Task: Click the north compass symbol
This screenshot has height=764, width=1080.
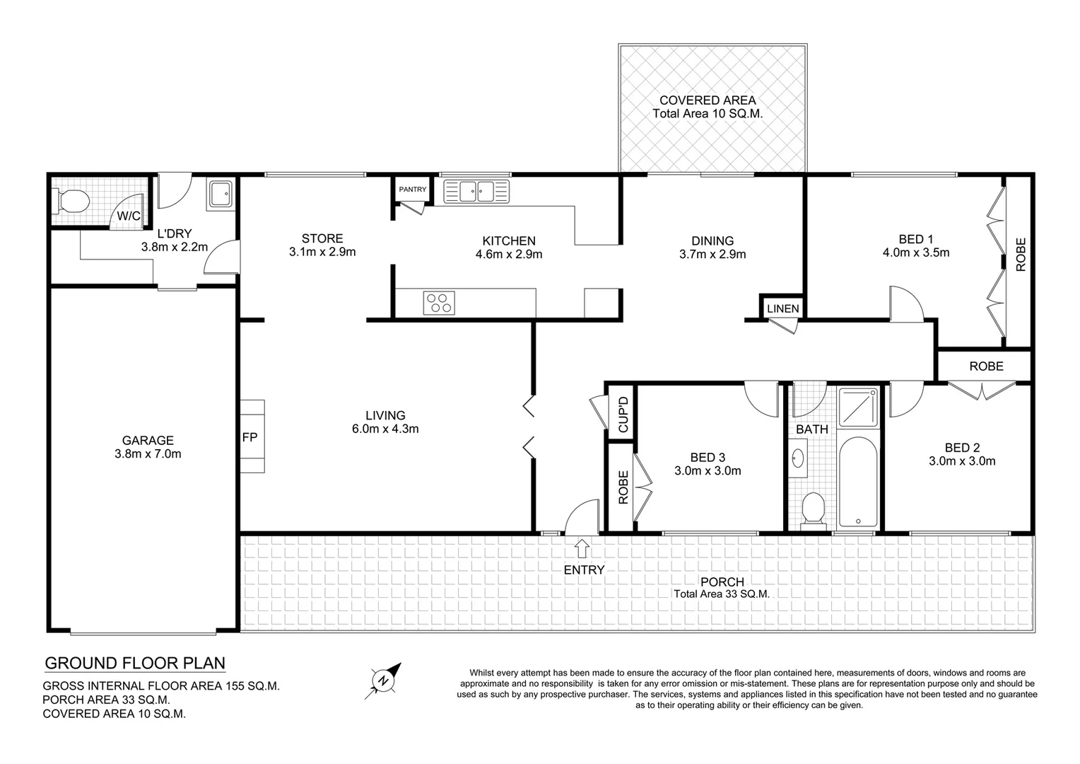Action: pyautogui.click(x=385, y=680)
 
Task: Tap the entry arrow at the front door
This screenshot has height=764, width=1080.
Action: pyautogui.click(x=582, y=548)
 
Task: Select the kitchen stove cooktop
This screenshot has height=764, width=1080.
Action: pyautogui.click(x=439, y=302)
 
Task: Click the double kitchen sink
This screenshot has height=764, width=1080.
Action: pyautogui.click(x=476, y=191)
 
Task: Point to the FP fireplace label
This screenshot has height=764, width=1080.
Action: pyautogui.click(x=250, y=437)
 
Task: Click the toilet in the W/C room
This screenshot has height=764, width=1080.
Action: pyautogui.click(x=71, y=202)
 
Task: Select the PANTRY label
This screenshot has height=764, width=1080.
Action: pyautogui.click(x=413, y=190)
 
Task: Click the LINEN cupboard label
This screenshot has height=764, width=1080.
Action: pyautogui.click(x=782, y=308)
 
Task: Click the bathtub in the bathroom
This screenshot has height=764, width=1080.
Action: pyautogui.click(x=858, y=481)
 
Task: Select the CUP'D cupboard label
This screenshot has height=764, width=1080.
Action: pyautogui.click(x=623, y=415)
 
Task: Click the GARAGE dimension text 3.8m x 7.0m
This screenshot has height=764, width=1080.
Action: pyautogui.click(x=148, y=454)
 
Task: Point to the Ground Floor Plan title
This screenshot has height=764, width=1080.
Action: pyautogui.click(x=135, y=663)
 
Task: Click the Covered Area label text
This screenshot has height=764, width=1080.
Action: pyautogui.click(x=707, y=100)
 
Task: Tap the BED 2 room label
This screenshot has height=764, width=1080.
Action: pyautogui.click(x=961, y=447)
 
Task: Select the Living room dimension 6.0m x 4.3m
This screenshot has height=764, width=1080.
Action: pyautogui.click(x=385, y=429)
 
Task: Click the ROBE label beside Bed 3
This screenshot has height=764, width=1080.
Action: pyautogui.click(x=623, y=487)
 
